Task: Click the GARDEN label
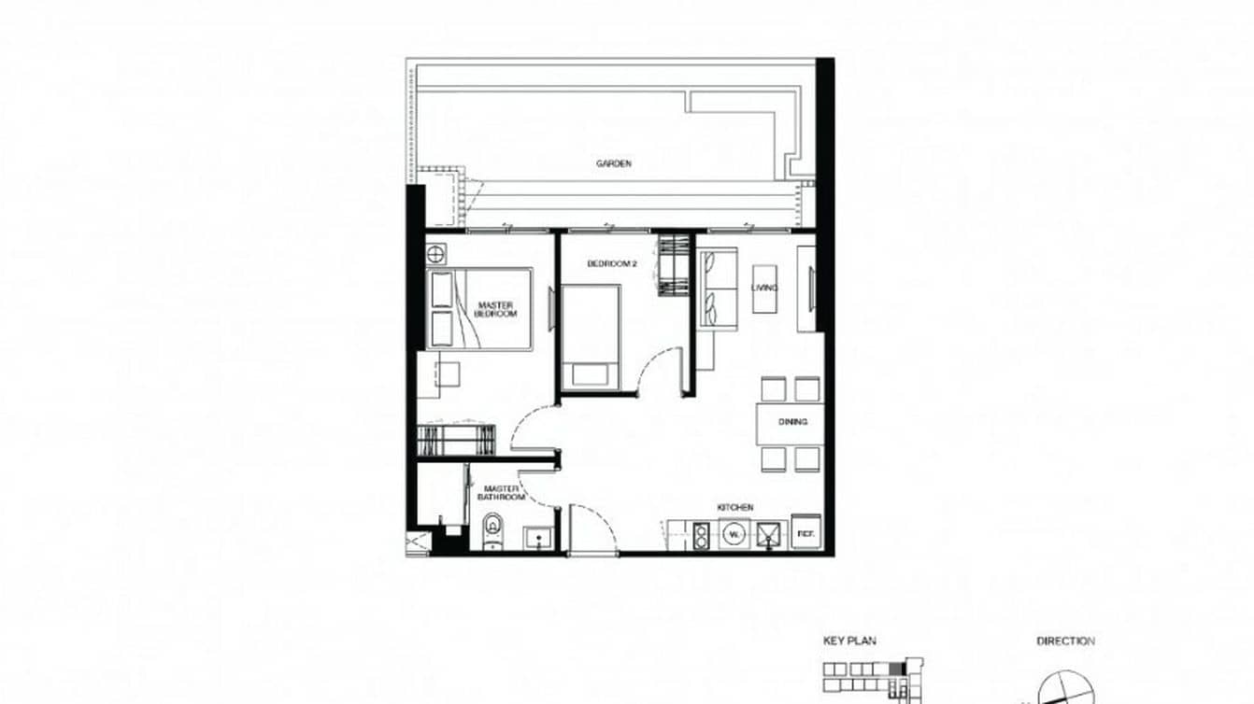[x=614, y=163]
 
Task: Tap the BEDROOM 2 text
[x=611, y=264]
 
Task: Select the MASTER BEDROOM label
[x=495, y=309]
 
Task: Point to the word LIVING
[x=764, y=288]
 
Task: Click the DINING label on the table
[x=792, y=422]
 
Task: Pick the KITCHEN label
[x=734, y=507]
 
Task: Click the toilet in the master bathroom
[x=493, y=534]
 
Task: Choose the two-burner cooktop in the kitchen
[x=701, y=536]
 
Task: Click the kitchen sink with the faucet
[x=768, y=536]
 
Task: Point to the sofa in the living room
[x=717, y=289]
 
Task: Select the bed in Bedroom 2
[x=590, y=334]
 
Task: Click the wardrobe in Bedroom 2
[x=672, y=266]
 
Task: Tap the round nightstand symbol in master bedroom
[x=435, y=252]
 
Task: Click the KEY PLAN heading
[x=849, y=641]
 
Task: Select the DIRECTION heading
[x=1065, y=641]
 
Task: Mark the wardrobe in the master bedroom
[x=456, y=439]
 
